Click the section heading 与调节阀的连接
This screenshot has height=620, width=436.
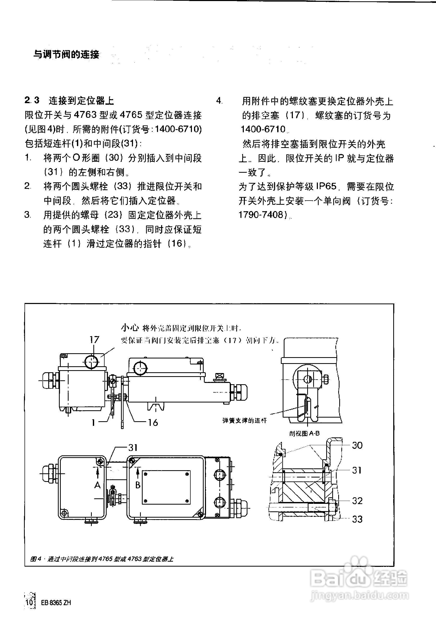tap(66, 54)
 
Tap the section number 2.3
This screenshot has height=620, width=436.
tap(32, 100)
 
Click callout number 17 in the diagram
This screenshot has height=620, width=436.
tap(94, 339)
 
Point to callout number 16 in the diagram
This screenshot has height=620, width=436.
tap(153, 423)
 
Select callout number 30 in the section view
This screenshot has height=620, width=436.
tap(357, 445)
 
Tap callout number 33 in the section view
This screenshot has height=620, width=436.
tap(357, 519)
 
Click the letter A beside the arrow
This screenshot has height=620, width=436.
tap(98, 485)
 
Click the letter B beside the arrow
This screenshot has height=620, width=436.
tap(138, 485)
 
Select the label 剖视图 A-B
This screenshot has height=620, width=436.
tap(304, 433)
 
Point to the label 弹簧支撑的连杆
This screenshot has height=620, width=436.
tap(244, 420)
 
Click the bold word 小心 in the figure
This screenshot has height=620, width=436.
tap(130, 328)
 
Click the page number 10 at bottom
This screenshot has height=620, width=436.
tap(30, 602)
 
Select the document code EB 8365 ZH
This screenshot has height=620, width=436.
tap(56, 603)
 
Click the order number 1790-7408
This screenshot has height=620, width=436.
tap(263, 215)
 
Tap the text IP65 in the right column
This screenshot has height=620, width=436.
tap(326, 186)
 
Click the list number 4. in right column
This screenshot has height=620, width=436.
tap(219, 101)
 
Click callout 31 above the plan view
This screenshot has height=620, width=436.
tap(133, 448)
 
